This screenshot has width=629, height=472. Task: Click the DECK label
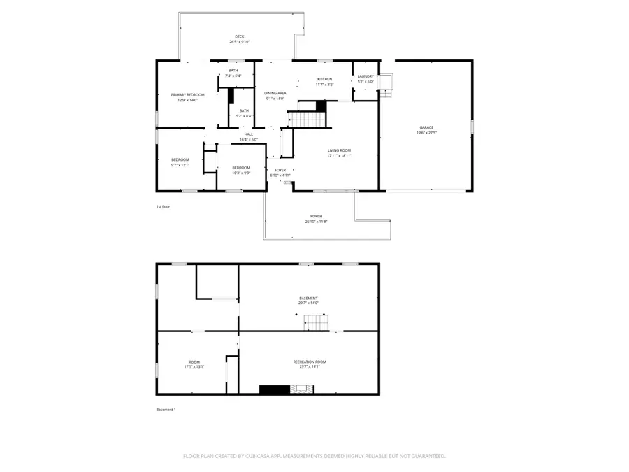240,36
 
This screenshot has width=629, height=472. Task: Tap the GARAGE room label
426,127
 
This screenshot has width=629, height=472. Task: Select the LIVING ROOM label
340,150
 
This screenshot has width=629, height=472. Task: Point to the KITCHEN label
324,79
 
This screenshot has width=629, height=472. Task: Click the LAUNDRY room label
366,76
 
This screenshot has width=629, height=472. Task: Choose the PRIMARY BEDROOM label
187,95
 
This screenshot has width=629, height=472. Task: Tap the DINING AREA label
275,93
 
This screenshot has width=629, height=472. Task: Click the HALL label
249,134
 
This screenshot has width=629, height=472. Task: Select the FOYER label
280,170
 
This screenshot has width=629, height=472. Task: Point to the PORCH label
317,216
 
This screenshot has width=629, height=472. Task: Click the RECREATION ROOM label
310,362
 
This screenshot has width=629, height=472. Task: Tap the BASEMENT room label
308,298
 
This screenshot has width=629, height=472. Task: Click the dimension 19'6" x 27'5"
426,133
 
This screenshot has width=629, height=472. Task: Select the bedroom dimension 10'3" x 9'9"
241,173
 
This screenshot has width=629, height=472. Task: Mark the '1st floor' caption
163,207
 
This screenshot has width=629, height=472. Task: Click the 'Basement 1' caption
166,410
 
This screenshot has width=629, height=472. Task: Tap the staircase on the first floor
308,120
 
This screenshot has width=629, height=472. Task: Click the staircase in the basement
316,322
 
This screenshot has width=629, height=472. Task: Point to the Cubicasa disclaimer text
314,456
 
